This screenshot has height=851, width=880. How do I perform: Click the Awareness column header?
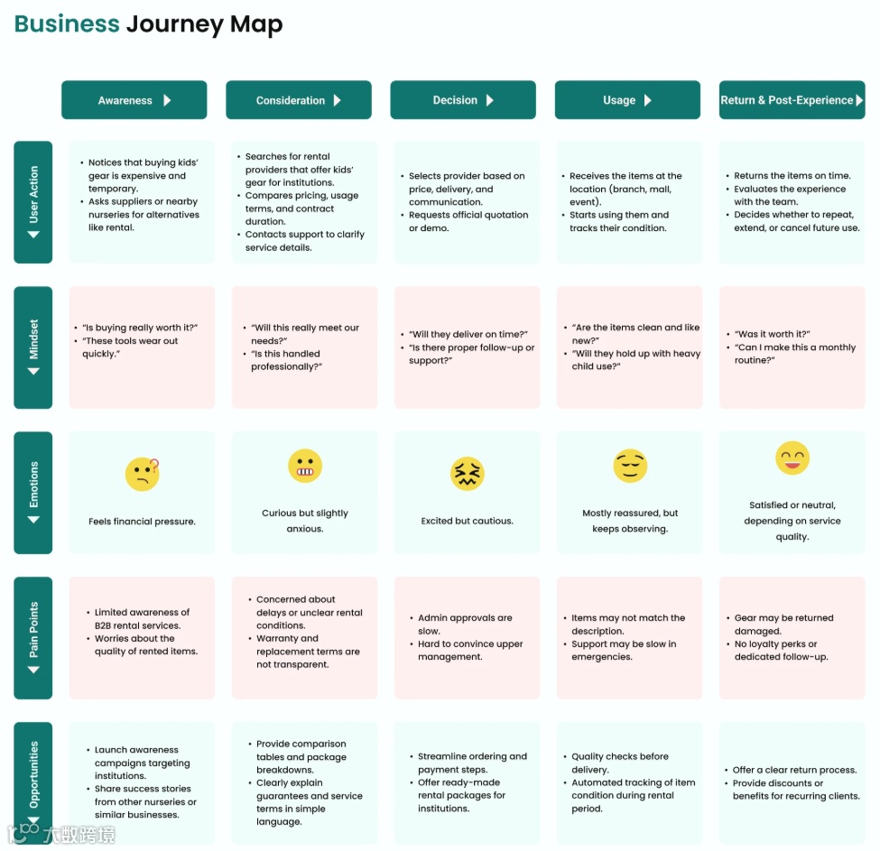[x=134, y=100]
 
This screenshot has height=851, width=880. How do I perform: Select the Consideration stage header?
[x=298, y=100]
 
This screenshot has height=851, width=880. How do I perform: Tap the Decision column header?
[x=462, y=100]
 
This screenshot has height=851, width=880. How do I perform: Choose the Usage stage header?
[x=626, y=100]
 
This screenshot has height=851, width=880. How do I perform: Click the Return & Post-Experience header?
[x=792, y=100]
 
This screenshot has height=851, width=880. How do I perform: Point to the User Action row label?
[x=33, y=201]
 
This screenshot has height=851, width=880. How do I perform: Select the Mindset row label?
[x=33, y=347]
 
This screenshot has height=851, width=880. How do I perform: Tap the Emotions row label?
[x=33, y=492]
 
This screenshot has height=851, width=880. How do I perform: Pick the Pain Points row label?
[x=33, y=638]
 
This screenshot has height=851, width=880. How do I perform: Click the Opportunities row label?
[x=33, y=782]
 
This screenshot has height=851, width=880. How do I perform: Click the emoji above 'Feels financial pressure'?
[x=143, y=474]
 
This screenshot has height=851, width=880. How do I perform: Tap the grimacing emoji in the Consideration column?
[x=305, y=466]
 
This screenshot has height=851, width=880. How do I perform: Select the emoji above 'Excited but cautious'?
[x=468, y=474]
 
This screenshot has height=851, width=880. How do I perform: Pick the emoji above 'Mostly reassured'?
[x=630, y=466]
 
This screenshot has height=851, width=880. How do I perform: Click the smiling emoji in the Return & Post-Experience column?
[x=792, y=458]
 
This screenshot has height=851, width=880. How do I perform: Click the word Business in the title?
[x=67, y=24]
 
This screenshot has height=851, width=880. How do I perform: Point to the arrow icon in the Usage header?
[x=648, y=100]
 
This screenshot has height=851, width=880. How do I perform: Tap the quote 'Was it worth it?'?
[x=773, y=334]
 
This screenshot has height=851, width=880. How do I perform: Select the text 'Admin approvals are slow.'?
[x=465, y=624]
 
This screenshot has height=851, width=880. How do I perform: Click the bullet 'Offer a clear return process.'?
[x=794, y=770]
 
